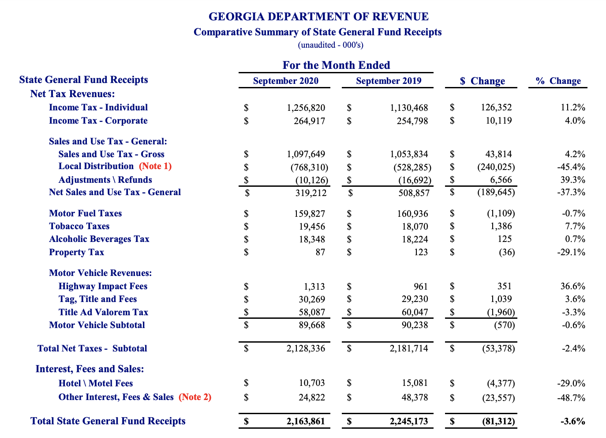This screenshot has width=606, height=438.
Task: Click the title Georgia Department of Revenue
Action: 318,17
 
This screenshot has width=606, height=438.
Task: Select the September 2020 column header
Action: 285,81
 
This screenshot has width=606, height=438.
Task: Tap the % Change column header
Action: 558,81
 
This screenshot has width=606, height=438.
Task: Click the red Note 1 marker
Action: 155,166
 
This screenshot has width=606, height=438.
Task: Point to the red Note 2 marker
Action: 195,397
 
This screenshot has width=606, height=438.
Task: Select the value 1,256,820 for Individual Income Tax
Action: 306,108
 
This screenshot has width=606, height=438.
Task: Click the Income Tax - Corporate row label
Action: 98,121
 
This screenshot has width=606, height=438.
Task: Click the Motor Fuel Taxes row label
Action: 85,213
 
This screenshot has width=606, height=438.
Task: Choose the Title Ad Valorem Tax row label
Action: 103,312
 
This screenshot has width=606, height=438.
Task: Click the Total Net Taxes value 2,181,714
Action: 408,348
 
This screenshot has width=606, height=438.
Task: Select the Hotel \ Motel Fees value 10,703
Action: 311,383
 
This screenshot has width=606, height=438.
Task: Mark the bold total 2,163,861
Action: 305,421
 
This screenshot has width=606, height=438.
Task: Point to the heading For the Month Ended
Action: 336,65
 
